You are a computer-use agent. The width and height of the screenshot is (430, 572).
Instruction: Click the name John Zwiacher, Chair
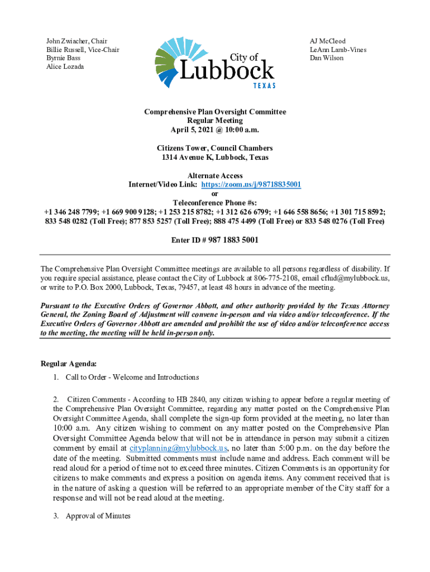(77, 41)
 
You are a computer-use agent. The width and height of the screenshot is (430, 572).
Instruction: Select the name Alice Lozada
(65, 66)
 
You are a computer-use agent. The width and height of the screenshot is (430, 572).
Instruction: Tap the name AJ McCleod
(328, 41)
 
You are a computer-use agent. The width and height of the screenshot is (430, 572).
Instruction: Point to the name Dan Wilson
(327, 58)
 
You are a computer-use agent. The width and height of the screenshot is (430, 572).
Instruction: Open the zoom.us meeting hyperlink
(251, 185)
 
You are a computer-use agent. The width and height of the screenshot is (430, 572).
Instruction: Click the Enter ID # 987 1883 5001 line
(214, 240)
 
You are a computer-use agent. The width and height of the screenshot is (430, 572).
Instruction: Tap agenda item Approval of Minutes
(98, 516)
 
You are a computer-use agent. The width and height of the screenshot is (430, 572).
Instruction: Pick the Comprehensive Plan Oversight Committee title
(214, 112)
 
